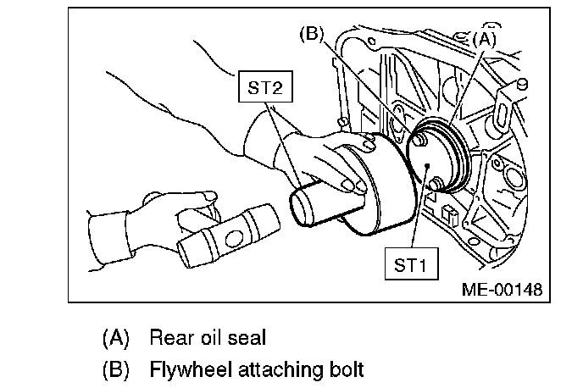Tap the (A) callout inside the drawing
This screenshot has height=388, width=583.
click(x=484, y=38)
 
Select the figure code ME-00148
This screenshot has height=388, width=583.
click(x=500, y=290)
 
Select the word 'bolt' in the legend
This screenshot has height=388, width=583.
click(x=347, y=370)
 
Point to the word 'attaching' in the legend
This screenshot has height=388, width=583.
click(x=276, y=370)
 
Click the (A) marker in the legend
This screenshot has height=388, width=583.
click(x=114, y=338)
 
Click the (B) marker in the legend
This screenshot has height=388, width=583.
click(x=114, y=370)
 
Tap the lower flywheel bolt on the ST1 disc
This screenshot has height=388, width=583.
click(x=437, y=183)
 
